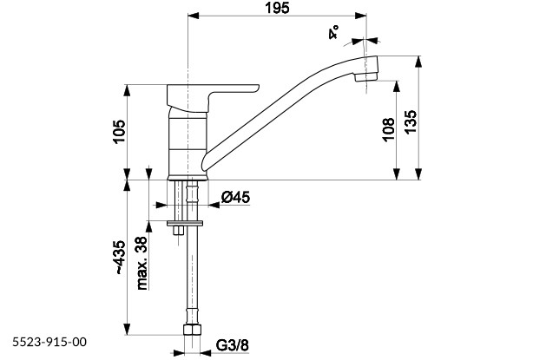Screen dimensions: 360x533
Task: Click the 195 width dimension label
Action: [x=278, y=8]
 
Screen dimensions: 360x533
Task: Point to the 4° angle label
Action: [x=332, y=35]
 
